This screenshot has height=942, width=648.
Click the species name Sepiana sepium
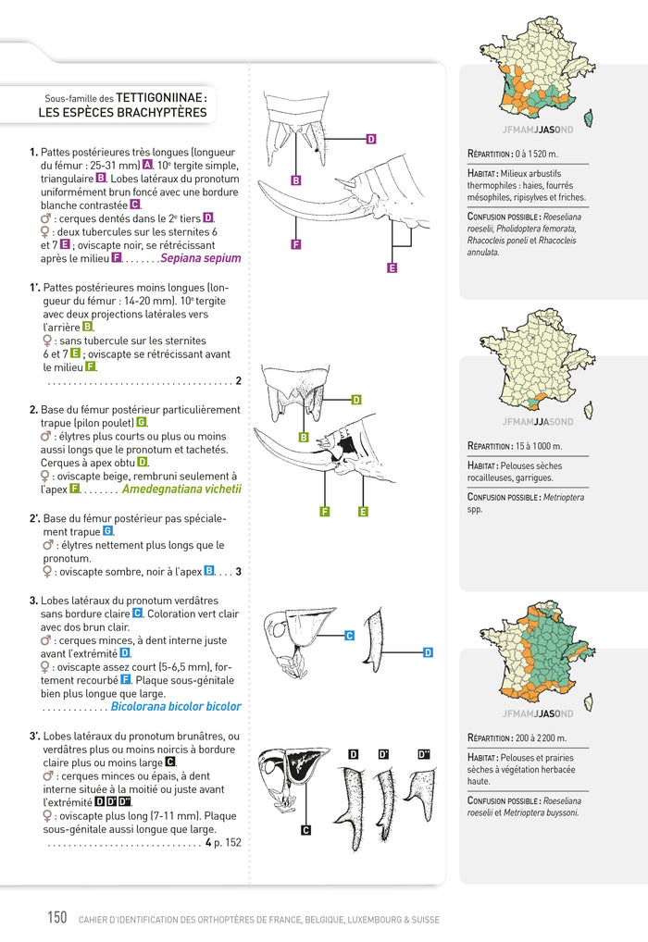pyautogui.click(x=201, y=258)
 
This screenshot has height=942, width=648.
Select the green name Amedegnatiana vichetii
pyautogui.click(x=181, y=489)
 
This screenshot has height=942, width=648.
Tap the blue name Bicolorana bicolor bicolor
pyautogui.click(x=176, y=707)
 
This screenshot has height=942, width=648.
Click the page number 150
pyautogui.click(x=57, y=917)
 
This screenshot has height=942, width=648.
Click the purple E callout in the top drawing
pyautogui.click(x=392, y=268)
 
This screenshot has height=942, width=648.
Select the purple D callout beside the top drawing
pyautogui.click(x=371, y=140)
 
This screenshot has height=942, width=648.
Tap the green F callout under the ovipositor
pyautogui.click(x=325, y=512)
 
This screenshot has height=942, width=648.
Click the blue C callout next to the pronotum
pyautogui.click(x=349, y=636)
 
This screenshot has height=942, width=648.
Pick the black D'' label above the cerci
pyautogui.click(x=424, y=754)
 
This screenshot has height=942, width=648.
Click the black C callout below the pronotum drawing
pyautogui.click(x=306, y=830)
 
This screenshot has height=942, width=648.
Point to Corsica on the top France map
pyautogui.click(x=589, y=118)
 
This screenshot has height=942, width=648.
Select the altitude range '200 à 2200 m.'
pyautogui.click(x=541, y=737)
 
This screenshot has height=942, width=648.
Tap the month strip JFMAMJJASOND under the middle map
pyautogui.click(x=538, y=422)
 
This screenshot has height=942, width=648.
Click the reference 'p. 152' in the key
pyautogui.click(x=228, y=843)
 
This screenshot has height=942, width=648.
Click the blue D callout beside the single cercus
pyautogui.click(x=428, y=652)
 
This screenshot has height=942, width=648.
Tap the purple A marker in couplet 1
pyautogui.click(x=147, y=165)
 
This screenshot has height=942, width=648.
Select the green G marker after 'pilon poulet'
pyautogui.click(x=142, y=422)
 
